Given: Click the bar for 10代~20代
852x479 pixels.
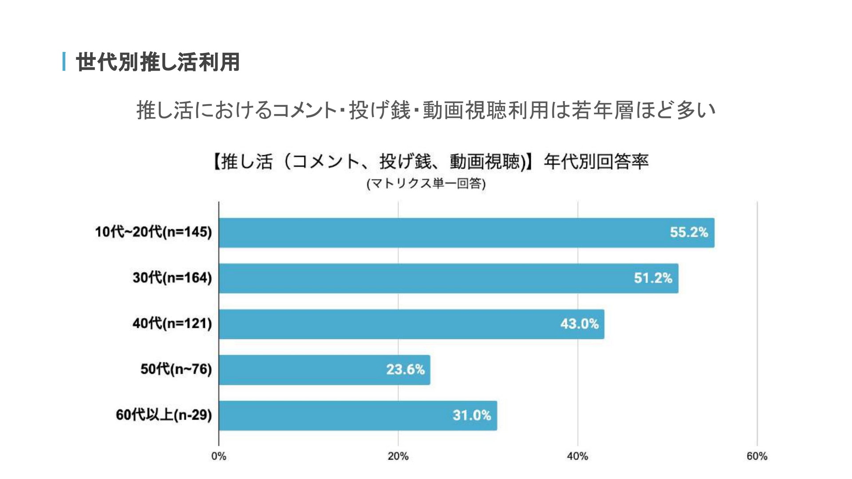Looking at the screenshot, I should click(466, 232).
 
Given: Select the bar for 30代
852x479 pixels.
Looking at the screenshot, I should click(448, 278).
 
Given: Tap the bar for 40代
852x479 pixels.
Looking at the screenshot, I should click(411, 324).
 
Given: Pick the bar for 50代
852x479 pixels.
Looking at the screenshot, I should click(324, 369).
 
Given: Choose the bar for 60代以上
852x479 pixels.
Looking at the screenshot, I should click(358, 415).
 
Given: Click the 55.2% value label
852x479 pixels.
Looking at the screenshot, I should click(689, 232).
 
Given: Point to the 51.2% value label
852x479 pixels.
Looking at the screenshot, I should click(653, 278).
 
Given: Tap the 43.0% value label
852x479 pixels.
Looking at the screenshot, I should click(579, 324).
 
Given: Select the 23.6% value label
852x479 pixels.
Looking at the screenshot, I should click(405, 369).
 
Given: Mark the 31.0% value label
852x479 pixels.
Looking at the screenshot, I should click(472, 415).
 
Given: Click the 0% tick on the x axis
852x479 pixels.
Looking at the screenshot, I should click(219, 456).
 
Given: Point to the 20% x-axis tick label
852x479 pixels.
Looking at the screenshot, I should click(398, 456).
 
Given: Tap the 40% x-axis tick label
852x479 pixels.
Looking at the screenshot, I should click(577, 456).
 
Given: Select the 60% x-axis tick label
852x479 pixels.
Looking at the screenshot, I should click(757, 456).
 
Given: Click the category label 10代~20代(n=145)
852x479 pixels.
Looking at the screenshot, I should click(154, 232).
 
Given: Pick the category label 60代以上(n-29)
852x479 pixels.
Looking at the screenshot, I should click(164, 415).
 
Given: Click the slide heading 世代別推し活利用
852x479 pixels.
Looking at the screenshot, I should click(158, 62).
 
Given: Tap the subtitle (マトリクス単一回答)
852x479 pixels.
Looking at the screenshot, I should click(426, 184).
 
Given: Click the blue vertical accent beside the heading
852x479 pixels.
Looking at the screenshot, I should click(64, 62).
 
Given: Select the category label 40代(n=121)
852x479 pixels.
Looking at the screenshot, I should click(172, 323).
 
